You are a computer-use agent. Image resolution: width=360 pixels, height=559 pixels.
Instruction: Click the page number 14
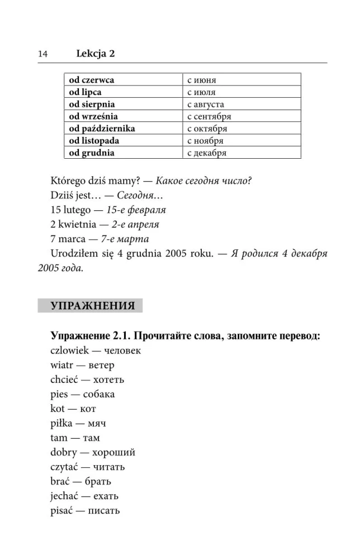42,54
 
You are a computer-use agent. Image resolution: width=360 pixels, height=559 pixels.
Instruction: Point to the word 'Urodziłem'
73,254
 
